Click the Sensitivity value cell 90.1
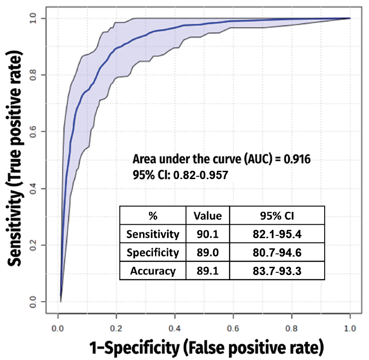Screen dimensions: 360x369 pyautogui.click(x=208, y=234)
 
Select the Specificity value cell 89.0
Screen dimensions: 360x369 pyautogui.click(x=208, y=252)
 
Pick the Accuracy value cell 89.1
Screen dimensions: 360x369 pyautogui.click(x=208, y=271)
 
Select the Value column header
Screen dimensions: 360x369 pyautogui.click(x=208, y=216)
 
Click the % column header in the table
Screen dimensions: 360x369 pyautogui.click(x=153, y=216)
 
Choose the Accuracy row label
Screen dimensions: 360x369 pyautogui.click(x=153, y=271)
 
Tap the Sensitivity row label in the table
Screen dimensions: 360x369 pyautogui.click(x=153, y=234)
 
